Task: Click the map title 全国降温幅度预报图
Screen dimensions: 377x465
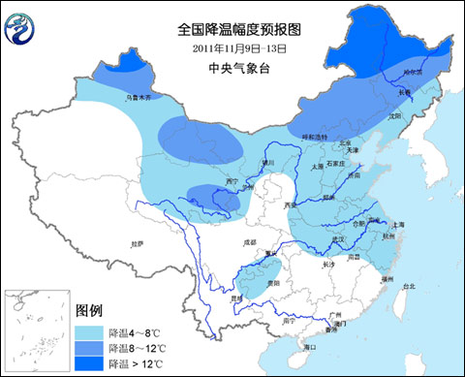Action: (232, 28)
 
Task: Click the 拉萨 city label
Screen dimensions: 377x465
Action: (135, 244)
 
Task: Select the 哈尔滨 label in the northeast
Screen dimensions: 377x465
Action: (415, 73)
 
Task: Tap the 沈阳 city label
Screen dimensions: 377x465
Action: (393, 115)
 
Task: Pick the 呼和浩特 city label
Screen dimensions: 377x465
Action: (313, 138)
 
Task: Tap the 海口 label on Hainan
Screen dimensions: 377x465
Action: (310, 346)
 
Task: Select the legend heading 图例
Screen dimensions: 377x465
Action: (89, 310)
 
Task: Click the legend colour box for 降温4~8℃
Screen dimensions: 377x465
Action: (90, 330)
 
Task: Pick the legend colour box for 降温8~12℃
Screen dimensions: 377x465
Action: (90, 347)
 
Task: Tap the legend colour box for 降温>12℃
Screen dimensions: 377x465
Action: (90, 363)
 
